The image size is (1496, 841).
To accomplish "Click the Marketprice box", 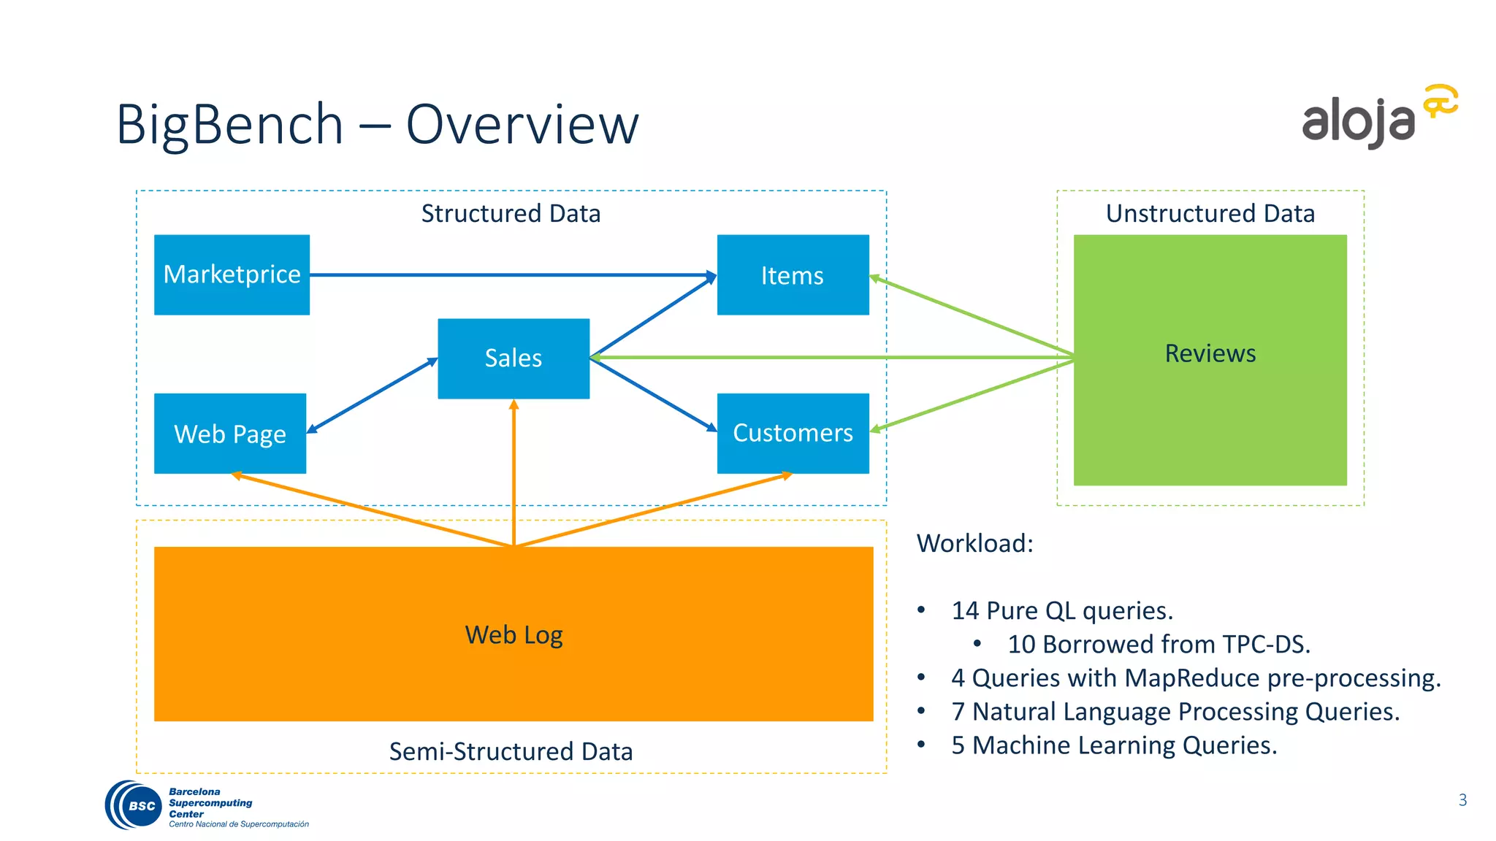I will pyautogui.click(x=232, y=274).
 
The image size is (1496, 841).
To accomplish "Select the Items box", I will pyautogui.click(x=793, y=275).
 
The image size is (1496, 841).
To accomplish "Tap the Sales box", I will pyautogui.click(x=513, y=358).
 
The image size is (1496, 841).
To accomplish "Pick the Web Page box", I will pyautogui.click(x=229, y=434).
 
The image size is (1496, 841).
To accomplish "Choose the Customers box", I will pyautogui.click(x=793, y=433).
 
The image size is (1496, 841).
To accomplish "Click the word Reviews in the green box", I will pyautogui.click(x=1210, y=353).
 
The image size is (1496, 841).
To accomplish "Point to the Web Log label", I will pyautogui.click(x=514, y=634).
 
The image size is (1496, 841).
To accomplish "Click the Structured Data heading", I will pyautogui.click(x=511, y=213).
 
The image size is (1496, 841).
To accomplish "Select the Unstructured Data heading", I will pyautogui.click(x=1210, y=213).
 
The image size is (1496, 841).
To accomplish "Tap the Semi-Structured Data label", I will pyautogui.click(x=511, y=751).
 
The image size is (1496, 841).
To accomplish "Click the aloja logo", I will pyautogui.click(x=1378, y=117).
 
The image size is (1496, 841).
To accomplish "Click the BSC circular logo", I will pyautogui.click(x=134, y=805).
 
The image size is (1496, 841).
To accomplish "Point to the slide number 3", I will pyautogui.click(x=1462, y=799).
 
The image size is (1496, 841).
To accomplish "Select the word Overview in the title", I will pyautogui.click(x=522, y=124).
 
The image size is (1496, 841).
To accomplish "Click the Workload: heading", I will pyautogui.click(x=974, y=543).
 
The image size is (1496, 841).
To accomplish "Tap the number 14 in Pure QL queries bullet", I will pyautogui.click(x=964, y=610).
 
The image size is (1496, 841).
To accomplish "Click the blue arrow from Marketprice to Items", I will pyautogui.click(x=511, y=275).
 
